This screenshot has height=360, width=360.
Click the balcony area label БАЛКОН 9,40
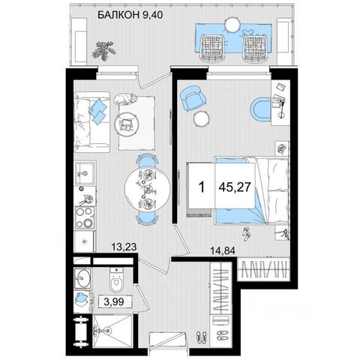point(130,15)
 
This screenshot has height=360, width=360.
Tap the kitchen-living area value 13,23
point(124,247)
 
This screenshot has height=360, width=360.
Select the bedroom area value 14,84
point(223,250)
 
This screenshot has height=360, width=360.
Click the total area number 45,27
point(235,187)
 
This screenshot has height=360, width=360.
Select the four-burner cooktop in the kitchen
point(85,217)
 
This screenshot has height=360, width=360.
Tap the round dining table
point(148,189)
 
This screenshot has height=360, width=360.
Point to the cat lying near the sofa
point(125,98)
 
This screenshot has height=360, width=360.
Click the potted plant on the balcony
point(104,51)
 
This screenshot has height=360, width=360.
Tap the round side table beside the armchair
point(200,119)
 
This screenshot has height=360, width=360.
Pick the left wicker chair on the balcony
point(211,48)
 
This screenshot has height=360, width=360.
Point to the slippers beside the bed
point(247,234)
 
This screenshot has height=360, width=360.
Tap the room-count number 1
point(202,187)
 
